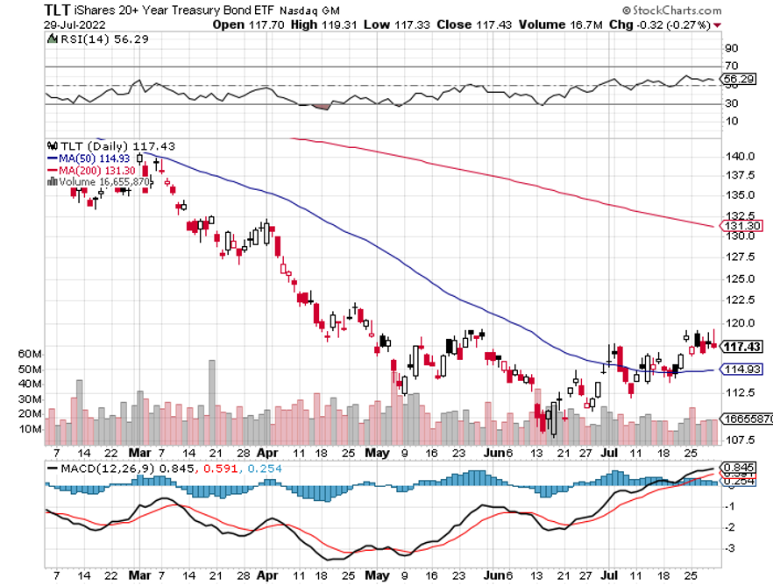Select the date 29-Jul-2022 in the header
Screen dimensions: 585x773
(72, 25)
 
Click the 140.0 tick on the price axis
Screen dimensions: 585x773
(741, 156)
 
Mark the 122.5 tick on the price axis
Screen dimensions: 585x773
(741, 300)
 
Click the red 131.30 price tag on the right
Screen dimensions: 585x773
(742, 225)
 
